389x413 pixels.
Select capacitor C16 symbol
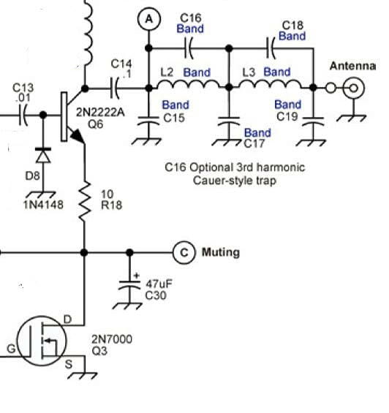click(x=189, y=48)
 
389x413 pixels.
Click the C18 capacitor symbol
click(x=271, y=48)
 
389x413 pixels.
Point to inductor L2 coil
click(x=189, y=84)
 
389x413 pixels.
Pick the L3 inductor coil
click(x=271, y=84)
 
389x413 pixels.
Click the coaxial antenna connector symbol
click(x=354, y=88)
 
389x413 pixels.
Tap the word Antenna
click(x=352, y=66)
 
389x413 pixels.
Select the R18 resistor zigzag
click(x=85, y=202)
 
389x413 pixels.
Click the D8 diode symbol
click(x=43, y=156)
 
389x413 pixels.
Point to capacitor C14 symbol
click(x=114, y=88)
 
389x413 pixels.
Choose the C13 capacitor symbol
click(x=23, y=115)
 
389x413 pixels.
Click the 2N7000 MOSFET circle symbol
click(x=42, y=341)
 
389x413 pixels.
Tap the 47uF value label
click(x=159, y=284)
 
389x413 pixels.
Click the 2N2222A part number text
click(x=100, y=113)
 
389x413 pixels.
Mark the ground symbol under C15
click(x=146, y=141)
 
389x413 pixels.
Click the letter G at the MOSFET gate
click(x=11, y=349)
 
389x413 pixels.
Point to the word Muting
click(x=221, y=252)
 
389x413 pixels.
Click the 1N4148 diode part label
click(x=43, y=205)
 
